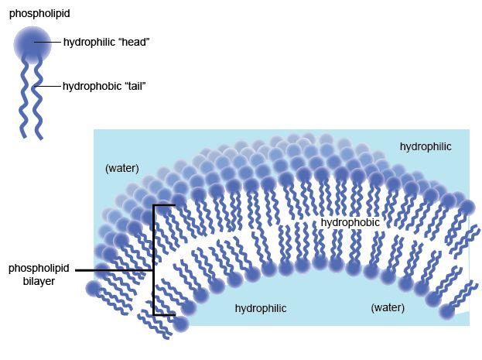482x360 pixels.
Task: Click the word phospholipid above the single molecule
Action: click(x=35, y=13)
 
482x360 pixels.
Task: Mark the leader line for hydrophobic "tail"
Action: click(x=51, y=86)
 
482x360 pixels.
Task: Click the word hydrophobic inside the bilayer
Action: click(x=350, y=222)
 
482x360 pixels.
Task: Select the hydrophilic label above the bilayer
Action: click(x=425, y=146)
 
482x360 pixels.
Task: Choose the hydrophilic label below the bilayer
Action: click(x=261, y=308)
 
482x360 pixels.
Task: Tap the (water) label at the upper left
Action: click(x=121, y=168)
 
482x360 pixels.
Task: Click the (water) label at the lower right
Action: click(x=388, y=307)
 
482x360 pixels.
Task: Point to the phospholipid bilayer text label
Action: click(x=39, y=275)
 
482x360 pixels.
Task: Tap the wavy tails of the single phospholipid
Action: click(x=32, y=101)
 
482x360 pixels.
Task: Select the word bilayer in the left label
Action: click(x=39, y=282)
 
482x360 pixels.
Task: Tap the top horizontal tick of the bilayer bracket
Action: click(x=164, y=205)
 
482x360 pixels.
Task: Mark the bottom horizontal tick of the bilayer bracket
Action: click(x=164, y=315)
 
